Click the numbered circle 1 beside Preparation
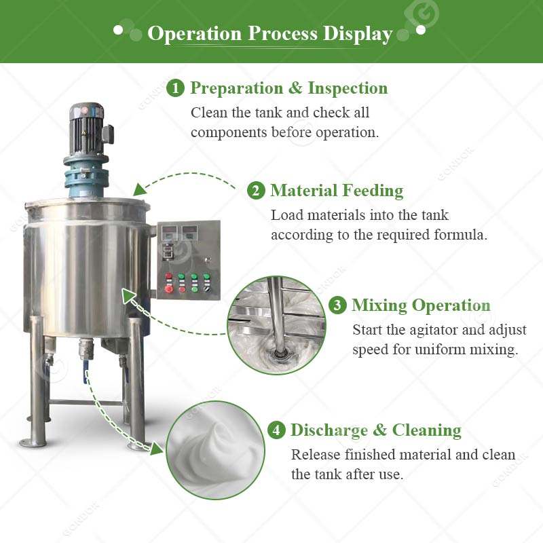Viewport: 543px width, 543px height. click(x=175, y=88)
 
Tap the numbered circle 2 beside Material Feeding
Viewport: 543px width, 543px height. click(x=256, y=191)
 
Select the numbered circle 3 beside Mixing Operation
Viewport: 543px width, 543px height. click(x=337, y=305)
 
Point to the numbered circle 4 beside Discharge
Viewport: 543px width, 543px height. click(x=276, y=430)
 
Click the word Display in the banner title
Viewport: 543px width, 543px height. click(x=358, y=35)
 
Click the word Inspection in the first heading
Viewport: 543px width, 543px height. click(x=348, y=88)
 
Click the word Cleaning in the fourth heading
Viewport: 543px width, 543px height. click(x=427, y=430)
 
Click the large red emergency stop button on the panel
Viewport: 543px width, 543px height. click(x=168, y=289)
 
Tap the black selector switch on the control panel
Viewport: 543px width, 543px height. click(x=207, y=288)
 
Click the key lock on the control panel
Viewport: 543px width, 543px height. click(x=208, y=259)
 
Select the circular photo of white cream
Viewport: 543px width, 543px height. click(x=215, y=450)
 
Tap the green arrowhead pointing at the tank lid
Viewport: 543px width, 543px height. click(x=140, y=190)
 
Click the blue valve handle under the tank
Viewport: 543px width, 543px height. click(x=86, y=371)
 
